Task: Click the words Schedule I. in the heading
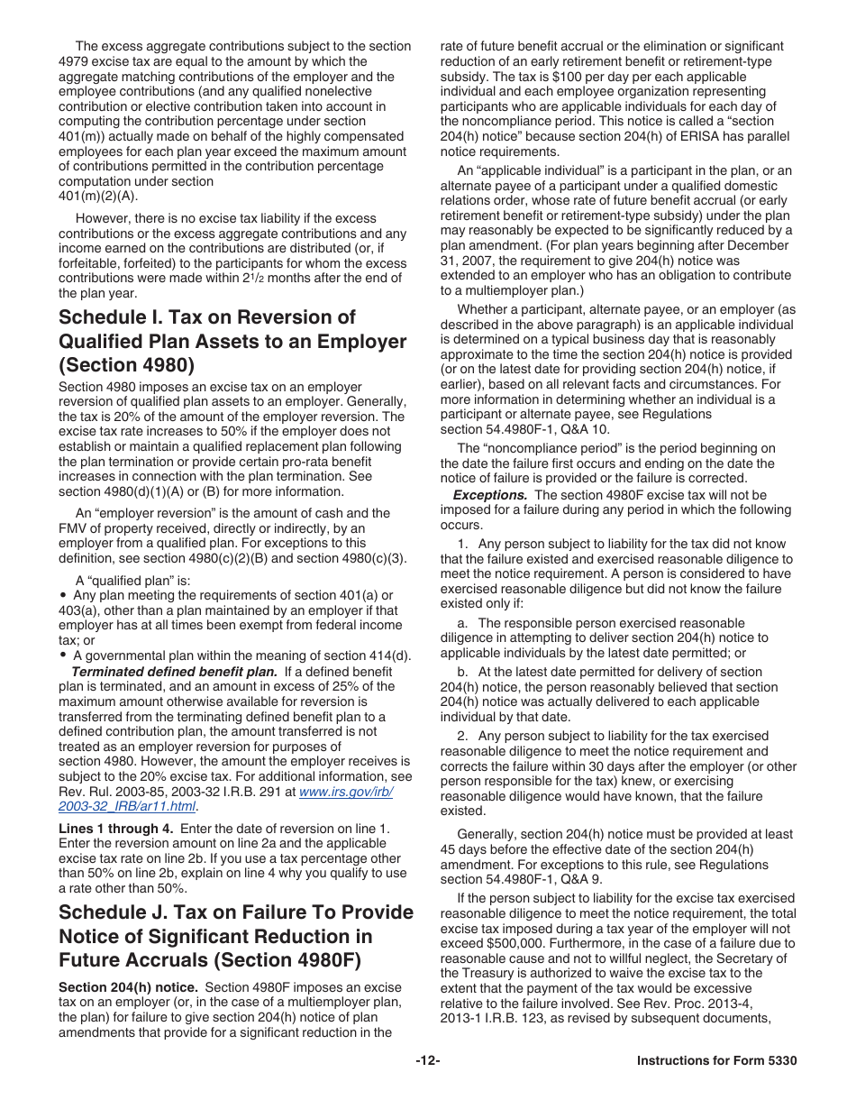click(x=107, y=317)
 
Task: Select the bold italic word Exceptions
click(x=489, y=495)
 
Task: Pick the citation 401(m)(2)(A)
click(x=98, y=197)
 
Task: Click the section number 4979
click(x=75, y=61)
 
